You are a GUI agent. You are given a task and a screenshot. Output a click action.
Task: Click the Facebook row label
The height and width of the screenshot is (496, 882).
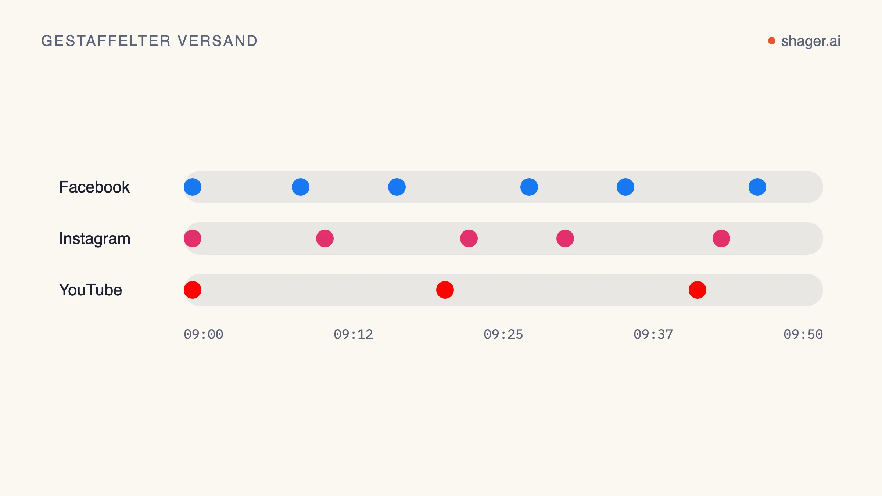tap(94, 187)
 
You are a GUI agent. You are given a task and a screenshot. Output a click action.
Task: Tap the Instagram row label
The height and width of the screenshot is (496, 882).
tap(95, 239)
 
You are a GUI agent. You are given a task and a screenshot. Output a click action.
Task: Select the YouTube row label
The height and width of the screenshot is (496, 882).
tap(90, 290)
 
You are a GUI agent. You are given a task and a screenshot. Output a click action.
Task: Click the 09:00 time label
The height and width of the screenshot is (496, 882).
tap(204, 334)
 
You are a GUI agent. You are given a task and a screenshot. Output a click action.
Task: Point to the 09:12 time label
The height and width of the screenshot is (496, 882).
tap(354, 334)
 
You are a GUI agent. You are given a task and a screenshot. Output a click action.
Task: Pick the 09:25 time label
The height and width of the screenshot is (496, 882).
tap(503, 334)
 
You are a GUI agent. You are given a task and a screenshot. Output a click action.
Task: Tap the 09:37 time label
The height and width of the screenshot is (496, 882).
tap(653, 334)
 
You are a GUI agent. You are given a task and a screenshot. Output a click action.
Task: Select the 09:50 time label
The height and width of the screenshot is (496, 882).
tap(803, 334)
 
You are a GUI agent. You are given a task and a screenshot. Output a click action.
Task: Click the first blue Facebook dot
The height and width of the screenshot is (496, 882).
tap(193, 187)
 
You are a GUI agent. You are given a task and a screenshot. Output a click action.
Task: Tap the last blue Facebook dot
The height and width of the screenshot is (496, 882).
tap(757, 187)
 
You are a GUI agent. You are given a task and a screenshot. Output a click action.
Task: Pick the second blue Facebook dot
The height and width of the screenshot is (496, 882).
tap(301, 187)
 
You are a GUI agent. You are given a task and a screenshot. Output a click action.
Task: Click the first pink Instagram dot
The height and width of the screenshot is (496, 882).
tap(193, 238)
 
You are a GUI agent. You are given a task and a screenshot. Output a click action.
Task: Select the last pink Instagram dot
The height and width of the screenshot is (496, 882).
tap(721, 238)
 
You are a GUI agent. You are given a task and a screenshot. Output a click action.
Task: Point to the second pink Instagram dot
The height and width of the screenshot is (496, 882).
tap(325, 238)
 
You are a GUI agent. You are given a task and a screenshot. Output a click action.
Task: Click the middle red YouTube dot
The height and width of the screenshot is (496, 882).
tap(445, 290)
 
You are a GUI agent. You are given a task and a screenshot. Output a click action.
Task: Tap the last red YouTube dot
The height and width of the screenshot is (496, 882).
tap(698, 290)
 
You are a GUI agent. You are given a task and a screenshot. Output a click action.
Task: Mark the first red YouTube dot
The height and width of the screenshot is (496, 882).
tap(193, 290)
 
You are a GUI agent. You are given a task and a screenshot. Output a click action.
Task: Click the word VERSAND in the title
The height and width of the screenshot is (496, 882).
tap(218, 41)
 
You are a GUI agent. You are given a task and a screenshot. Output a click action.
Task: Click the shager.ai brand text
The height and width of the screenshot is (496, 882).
tap(811, 41)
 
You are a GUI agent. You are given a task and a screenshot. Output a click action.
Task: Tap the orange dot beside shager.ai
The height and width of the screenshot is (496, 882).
tap(772, 41)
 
